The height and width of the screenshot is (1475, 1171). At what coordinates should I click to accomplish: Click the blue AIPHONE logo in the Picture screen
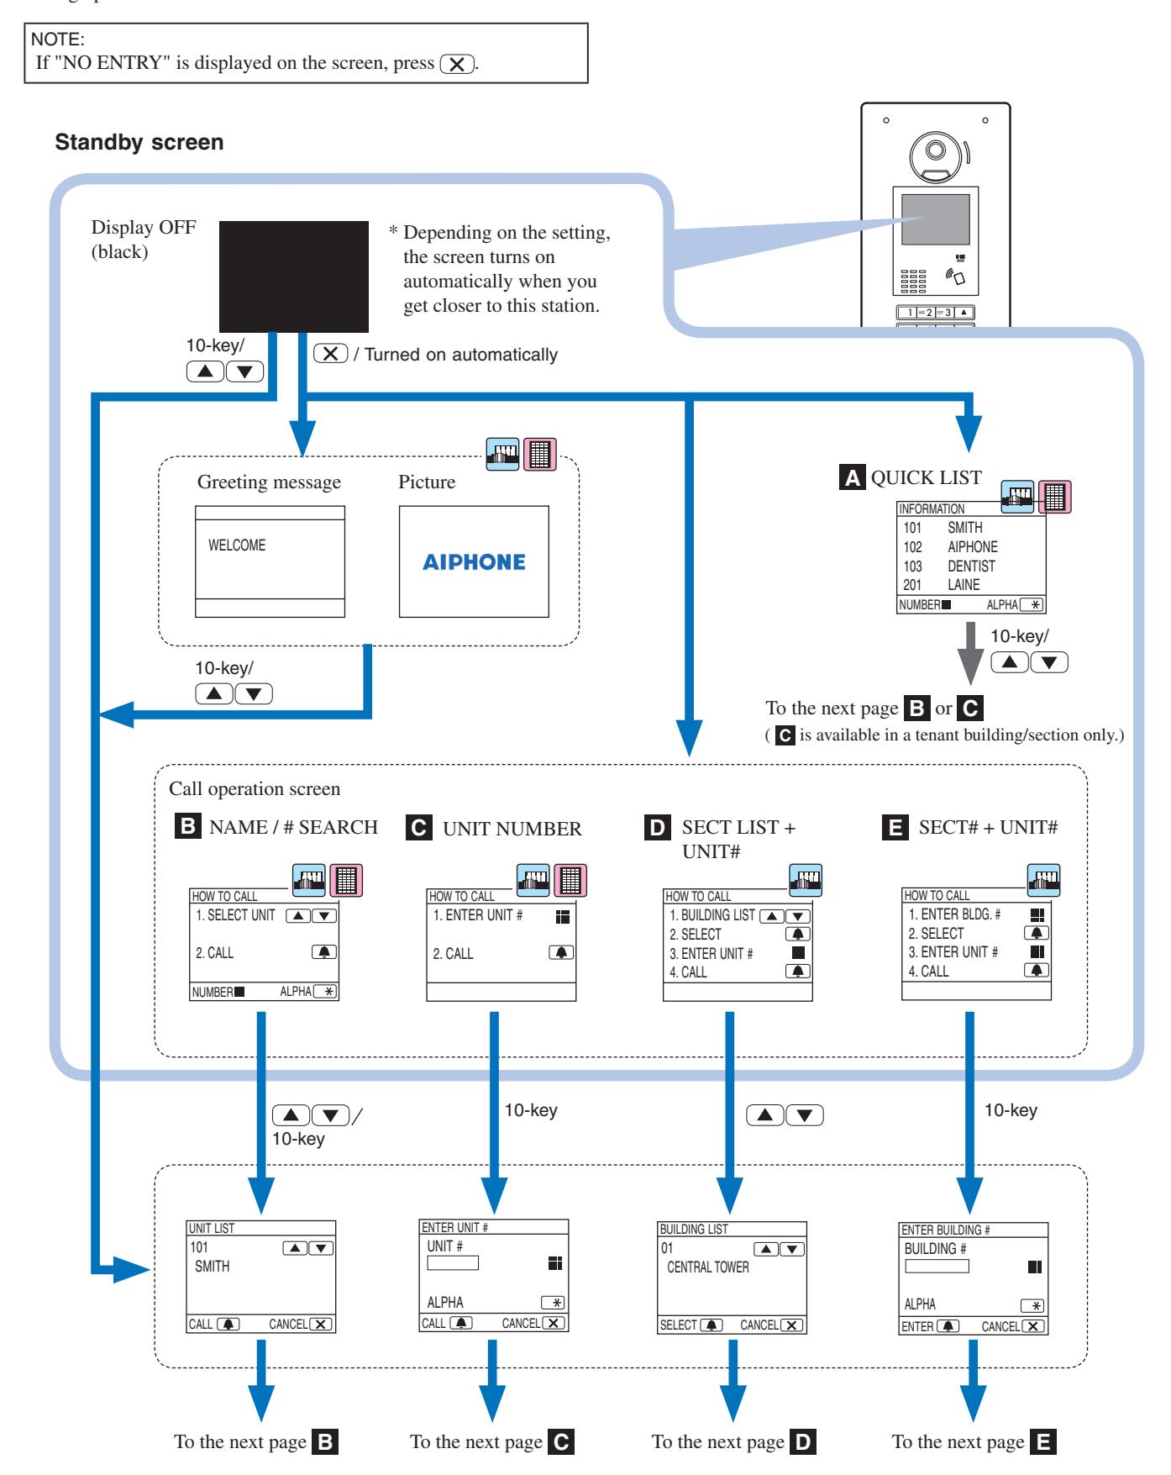point(474,562)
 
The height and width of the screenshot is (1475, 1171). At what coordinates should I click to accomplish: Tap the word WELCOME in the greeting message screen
point(237,545)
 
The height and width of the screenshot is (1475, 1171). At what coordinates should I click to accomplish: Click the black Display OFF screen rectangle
point(293,277)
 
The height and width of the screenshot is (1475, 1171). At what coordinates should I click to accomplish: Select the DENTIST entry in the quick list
point(971,566)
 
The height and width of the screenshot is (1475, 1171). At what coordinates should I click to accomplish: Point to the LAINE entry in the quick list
point(964,585)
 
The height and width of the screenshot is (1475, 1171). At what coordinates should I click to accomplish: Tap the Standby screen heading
point(139,142)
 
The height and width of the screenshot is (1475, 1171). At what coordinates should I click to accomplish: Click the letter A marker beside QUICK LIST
point(853,478)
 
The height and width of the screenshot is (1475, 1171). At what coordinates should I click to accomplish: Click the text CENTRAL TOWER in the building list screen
point(708,1267)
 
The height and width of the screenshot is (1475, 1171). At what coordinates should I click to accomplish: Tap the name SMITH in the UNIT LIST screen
point(212,1266)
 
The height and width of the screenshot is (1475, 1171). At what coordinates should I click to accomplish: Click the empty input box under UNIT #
point(453,1262)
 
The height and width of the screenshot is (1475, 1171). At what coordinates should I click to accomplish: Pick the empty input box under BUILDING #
point(937,1266)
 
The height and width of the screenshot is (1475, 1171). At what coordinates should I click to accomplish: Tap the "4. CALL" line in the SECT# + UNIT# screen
point(928,971)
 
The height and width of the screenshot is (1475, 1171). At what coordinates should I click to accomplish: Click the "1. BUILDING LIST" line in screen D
point(712,915)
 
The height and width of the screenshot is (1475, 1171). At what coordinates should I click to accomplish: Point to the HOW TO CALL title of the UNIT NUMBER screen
point(461,896)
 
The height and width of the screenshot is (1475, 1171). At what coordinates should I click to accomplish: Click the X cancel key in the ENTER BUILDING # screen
point(1035,1325)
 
